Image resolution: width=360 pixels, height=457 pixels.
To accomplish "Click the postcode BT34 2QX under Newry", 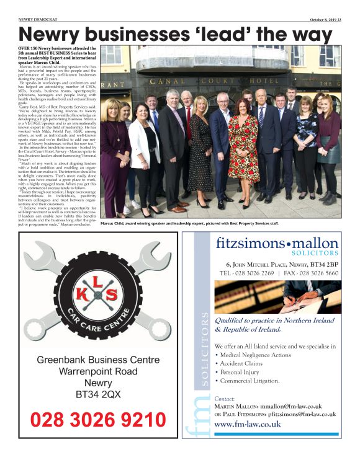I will click(94, 393).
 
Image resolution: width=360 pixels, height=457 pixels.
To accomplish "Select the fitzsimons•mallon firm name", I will click(277, 243).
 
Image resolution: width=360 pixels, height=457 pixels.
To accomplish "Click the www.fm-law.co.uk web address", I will click(247, 424).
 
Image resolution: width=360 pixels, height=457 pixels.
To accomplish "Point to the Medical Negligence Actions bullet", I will click(256, 355).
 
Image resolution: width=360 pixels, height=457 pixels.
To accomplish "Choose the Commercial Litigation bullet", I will click(251, 381).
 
